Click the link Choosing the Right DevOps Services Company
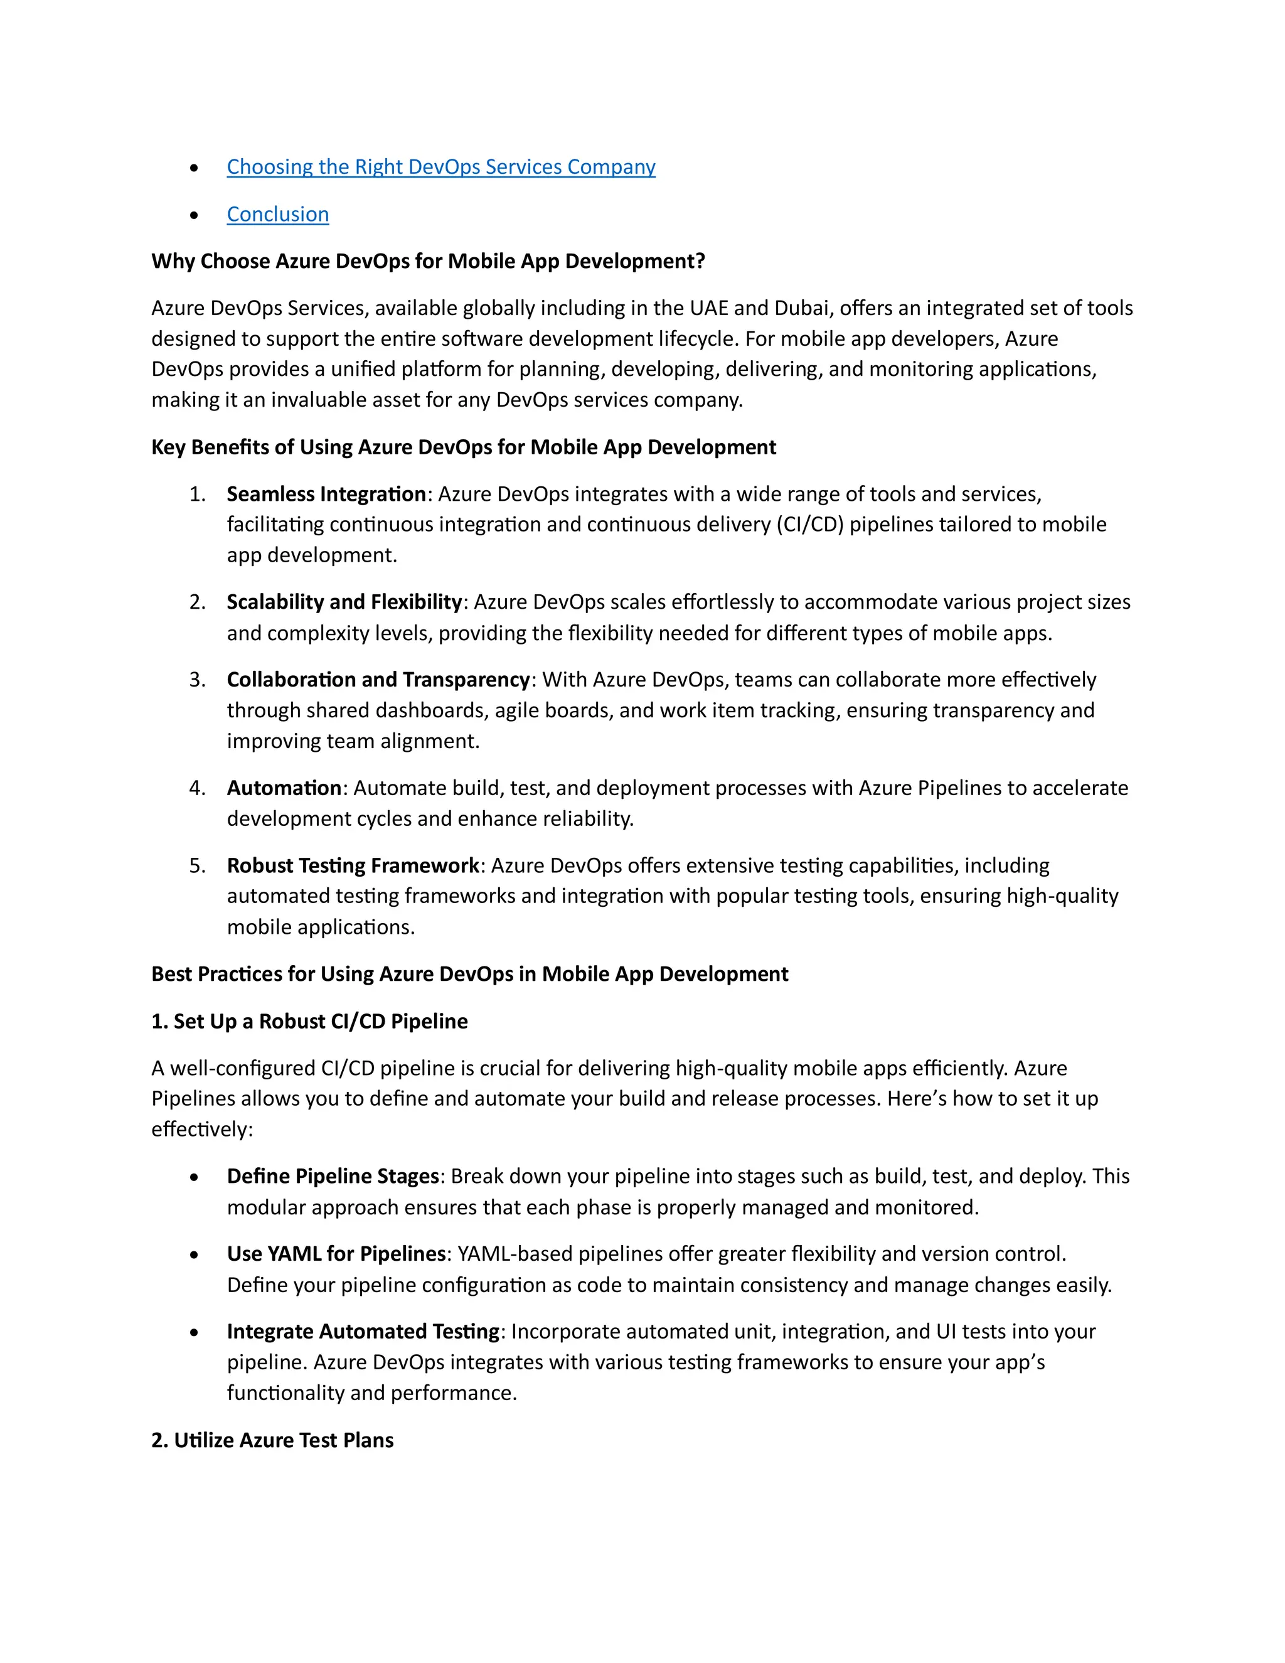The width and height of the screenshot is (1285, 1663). click(x=440, y=167)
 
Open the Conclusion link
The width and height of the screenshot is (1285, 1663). click(x=278, y=215)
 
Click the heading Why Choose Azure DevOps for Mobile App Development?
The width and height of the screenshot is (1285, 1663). click(x=428, y=261)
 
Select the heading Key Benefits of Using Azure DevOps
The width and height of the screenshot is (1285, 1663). click(x=464, y=447)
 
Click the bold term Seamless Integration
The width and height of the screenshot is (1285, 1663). click(x=326, y=494)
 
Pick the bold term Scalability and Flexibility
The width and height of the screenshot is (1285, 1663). click(x=344, y=602)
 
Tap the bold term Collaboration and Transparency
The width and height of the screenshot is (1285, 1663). click(x=378, y=680)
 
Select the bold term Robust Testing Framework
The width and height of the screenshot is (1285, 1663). click(x=353, y=866)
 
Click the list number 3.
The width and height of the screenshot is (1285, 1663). click(x=197, y=680)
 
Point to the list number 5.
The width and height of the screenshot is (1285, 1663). click(x=197, y=866)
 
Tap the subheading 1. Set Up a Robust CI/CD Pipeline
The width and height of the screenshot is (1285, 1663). click(x=310, y=1022)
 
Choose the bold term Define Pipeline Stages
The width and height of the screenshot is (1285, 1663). click(x=333, y=1177)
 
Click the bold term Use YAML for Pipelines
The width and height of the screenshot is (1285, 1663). click(x=336, y=1254)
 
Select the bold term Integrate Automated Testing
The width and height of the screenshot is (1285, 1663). click(x=363, y=1332)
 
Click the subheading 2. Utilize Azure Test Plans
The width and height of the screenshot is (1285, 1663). click(x=272, y=1441)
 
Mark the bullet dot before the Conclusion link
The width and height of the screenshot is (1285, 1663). click(x=194, y=215)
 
